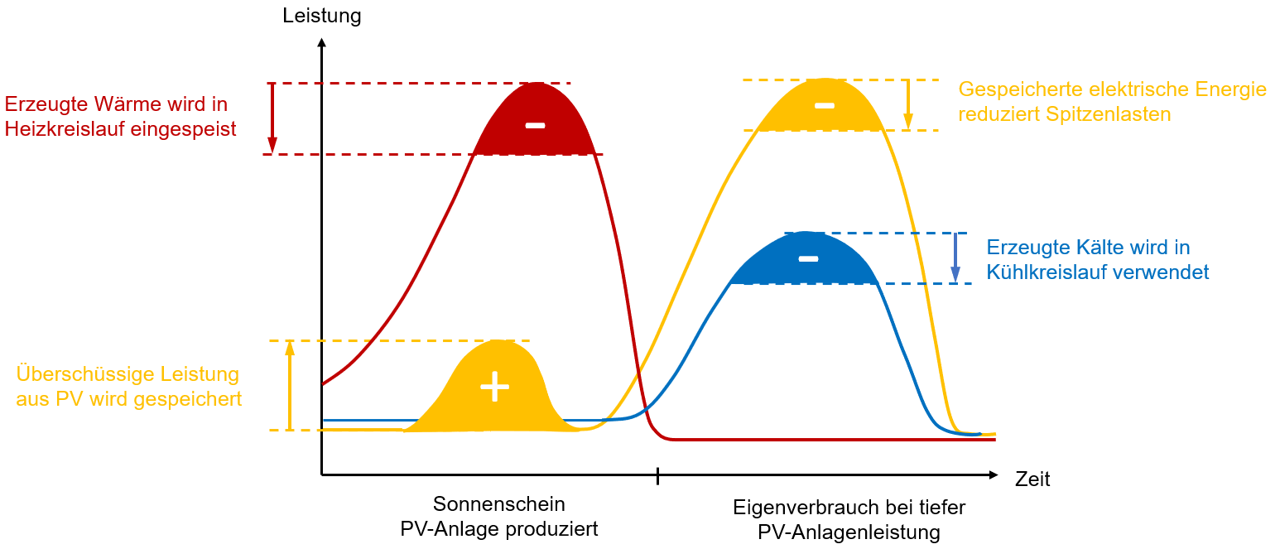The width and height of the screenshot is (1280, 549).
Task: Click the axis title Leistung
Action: [321, 16]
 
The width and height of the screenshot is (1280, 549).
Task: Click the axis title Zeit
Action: [1032, 479]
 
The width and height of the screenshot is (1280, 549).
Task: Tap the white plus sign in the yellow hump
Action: [495, 386]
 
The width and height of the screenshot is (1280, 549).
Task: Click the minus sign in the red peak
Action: [536, 125]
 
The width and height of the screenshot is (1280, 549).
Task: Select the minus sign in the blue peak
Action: [808, 259]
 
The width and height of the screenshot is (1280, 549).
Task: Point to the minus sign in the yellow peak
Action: [824, 105]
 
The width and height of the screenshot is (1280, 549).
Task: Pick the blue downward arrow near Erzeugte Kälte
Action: [955, 258]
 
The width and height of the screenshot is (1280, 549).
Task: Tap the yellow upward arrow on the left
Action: [290, 385]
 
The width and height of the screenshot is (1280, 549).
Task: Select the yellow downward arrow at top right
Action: [907, 105]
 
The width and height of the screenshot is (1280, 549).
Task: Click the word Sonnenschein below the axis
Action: [498, 504]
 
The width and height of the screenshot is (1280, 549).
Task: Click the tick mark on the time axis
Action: [658, 475]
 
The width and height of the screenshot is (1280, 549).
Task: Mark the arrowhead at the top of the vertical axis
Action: [321, 42]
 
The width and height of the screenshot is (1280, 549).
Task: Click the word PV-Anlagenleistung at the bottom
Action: [849, 532]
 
